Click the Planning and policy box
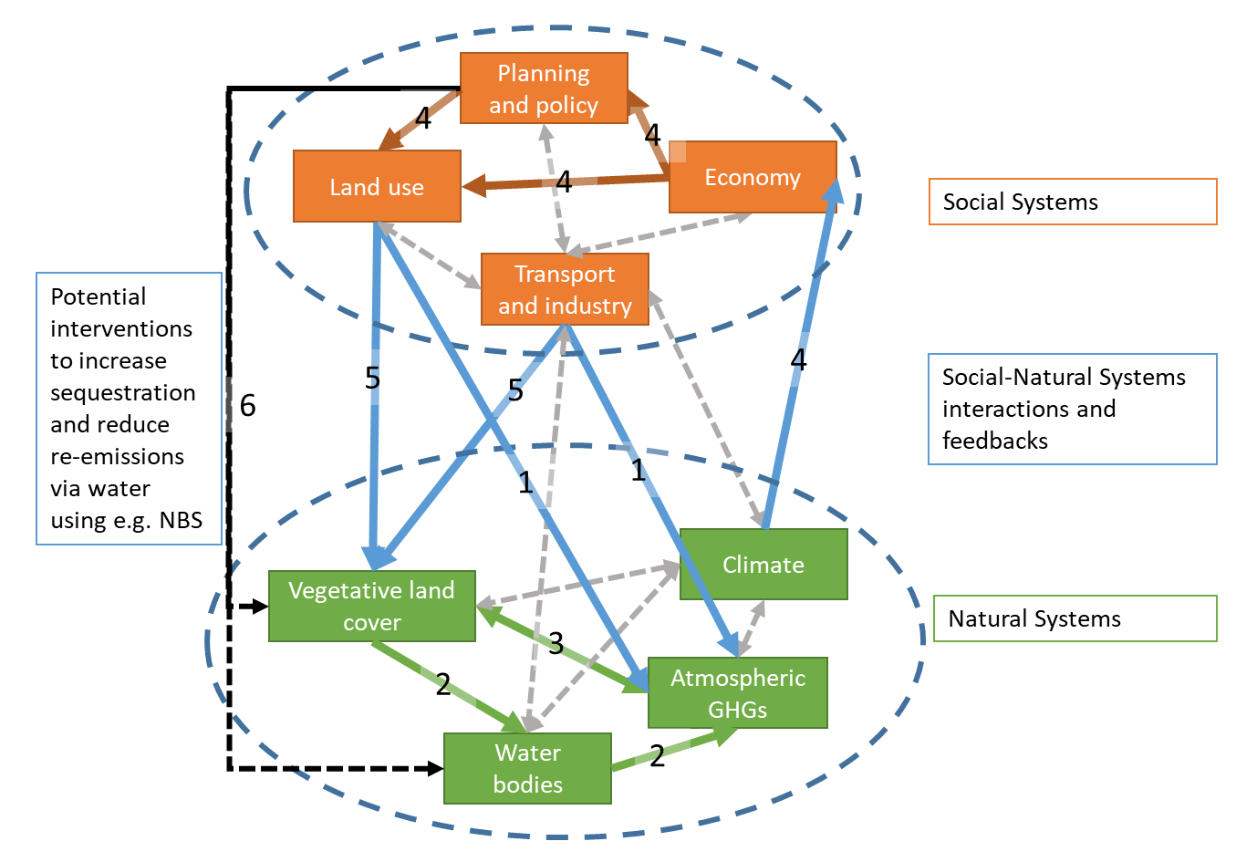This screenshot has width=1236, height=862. [544, 88]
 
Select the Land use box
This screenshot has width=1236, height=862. [377, 186]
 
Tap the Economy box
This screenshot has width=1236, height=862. [753, 177]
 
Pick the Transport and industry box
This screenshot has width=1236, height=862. [565, 289]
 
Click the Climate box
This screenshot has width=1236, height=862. [763, 564]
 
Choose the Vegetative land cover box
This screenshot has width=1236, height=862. [372, 606]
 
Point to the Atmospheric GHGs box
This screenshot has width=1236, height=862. [738, 692]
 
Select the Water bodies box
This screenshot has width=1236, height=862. [527, 768]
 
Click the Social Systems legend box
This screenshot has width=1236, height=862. [1073, 202]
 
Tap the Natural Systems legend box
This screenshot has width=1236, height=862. [1075, 618]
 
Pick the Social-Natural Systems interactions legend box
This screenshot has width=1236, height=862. [1072, 409]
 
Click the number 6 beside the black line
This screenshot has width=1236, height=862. [248, 406]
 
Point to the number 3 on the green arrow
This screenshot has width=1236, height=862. [556, 643]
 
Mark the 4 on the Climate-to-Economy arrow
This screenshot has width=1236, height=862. [798, 359]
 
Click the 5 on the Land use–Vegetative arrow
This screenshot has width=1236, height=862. [372, 378]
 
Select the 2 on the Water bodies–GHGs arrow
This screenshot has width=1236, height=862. [657, 755]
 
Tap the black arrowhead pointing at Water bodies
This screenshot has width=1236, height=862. [436, 768]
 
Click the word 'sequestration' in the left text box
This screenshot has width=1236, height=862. [123, 392]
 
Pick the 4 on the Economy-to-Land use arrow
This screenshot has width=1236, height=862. [564, 181]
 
